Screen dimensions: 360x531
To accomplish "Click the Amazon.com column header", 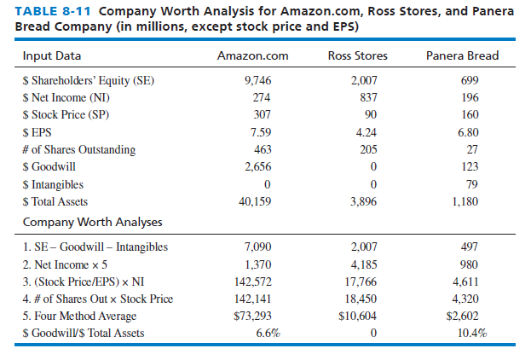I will [x=252, y=56].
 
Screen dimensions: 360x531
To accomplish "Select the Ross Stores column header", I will [x=357, y=56].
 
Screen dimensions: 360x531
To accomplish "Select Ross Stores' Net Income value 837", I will [x=358, y=98].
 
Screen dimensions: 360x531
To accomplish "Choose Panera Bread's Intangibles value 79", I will [x=469, y=184].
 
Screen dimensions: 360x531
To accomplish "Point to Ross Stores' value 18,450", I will [x=358, y=299].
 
